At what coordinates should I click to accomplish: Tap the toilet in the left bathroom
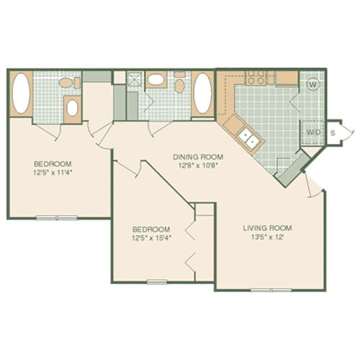point(66,83)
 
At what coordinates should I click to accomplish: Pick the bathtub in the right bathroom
point(202,94)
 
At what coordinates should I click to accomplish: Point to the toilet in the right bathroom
point(180,85)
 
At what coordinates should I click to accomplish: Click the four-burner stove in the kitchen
point(256,78)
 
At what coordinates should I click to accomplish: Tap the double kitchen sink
point(247,138)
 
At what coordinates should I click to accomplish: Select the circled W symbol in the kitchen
point(312,84)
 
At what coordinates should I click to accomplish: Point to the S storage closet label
point(333,132)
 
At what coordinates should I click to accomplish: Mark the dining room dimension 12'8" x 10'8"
point(196,165)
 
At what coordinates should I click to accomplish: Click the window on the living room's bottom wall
point(271,289)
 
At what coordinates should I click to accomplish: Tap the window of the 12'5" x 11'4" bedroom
point(57,217)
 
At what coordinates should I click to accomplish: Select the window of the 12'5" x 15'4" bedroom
point(157,282)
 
